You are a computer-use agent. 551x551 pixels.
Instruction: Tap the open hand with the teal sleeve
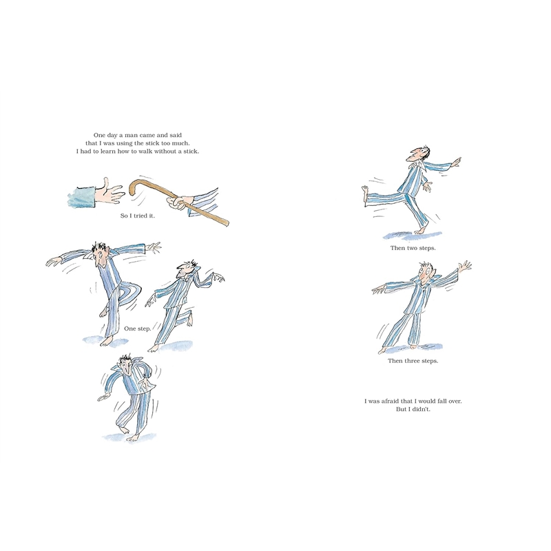110,192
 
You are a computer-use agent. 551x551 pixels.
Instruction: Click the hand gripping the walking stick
178,202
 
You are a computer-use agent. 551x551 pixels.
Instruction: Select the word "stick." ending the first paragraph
191,152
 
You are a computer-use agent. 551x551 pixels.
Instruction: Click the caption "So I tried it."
137,216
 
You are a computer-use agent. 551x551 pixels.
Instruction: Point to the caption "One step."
137,329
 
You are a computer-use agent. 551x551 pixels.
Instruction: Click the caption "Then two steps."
413,248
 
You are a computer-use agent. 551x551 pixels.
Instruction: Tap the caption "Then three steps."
413,361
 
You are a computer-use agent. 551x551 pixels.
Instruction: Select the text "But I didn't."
413,409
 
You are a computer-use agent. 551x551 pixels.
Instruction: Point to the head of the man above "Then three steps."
426,271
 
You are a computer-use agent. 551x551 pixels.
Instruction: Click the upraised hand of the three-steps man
466,265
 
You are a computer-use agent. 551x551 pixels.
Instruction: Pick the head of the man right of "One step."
186,270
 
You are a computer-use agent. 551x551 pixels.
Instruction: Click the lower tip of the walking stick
227,223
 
